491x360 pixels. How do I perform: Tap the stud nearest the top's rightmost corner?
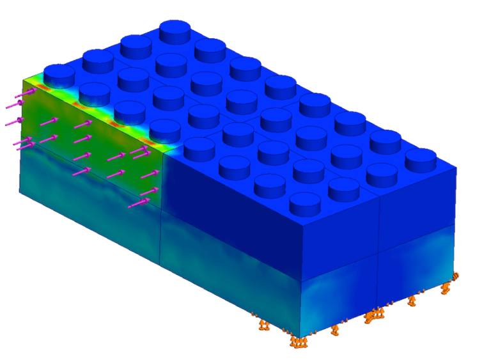pyautogui.click(x=421, y=157)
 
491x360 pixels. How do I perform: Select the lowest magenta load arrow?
pyautogui.click(x=137, y=203)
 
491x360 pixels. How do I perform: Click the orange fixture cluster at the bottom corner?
pyautogui.click(x=298, y=341)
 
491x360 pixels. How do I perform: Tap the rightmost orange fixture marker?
pyautogui.click(x=456, y=276)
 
